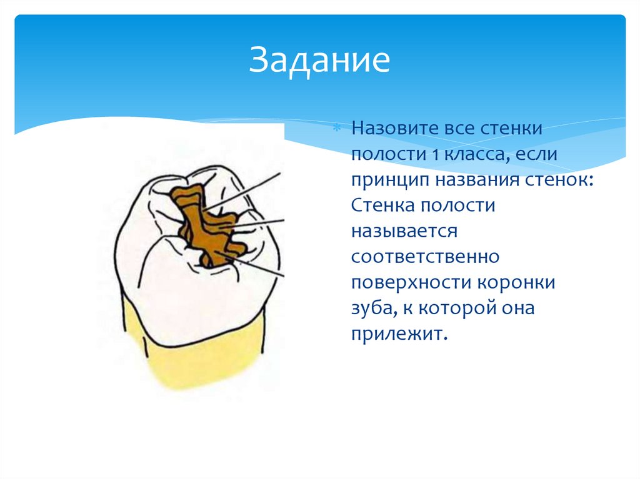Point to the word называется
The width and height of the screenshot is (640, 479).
pyautogui.click(x=404, y=232)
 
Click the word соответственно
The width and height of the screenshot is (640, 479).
pyautogui.click(x=424, y=257)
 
